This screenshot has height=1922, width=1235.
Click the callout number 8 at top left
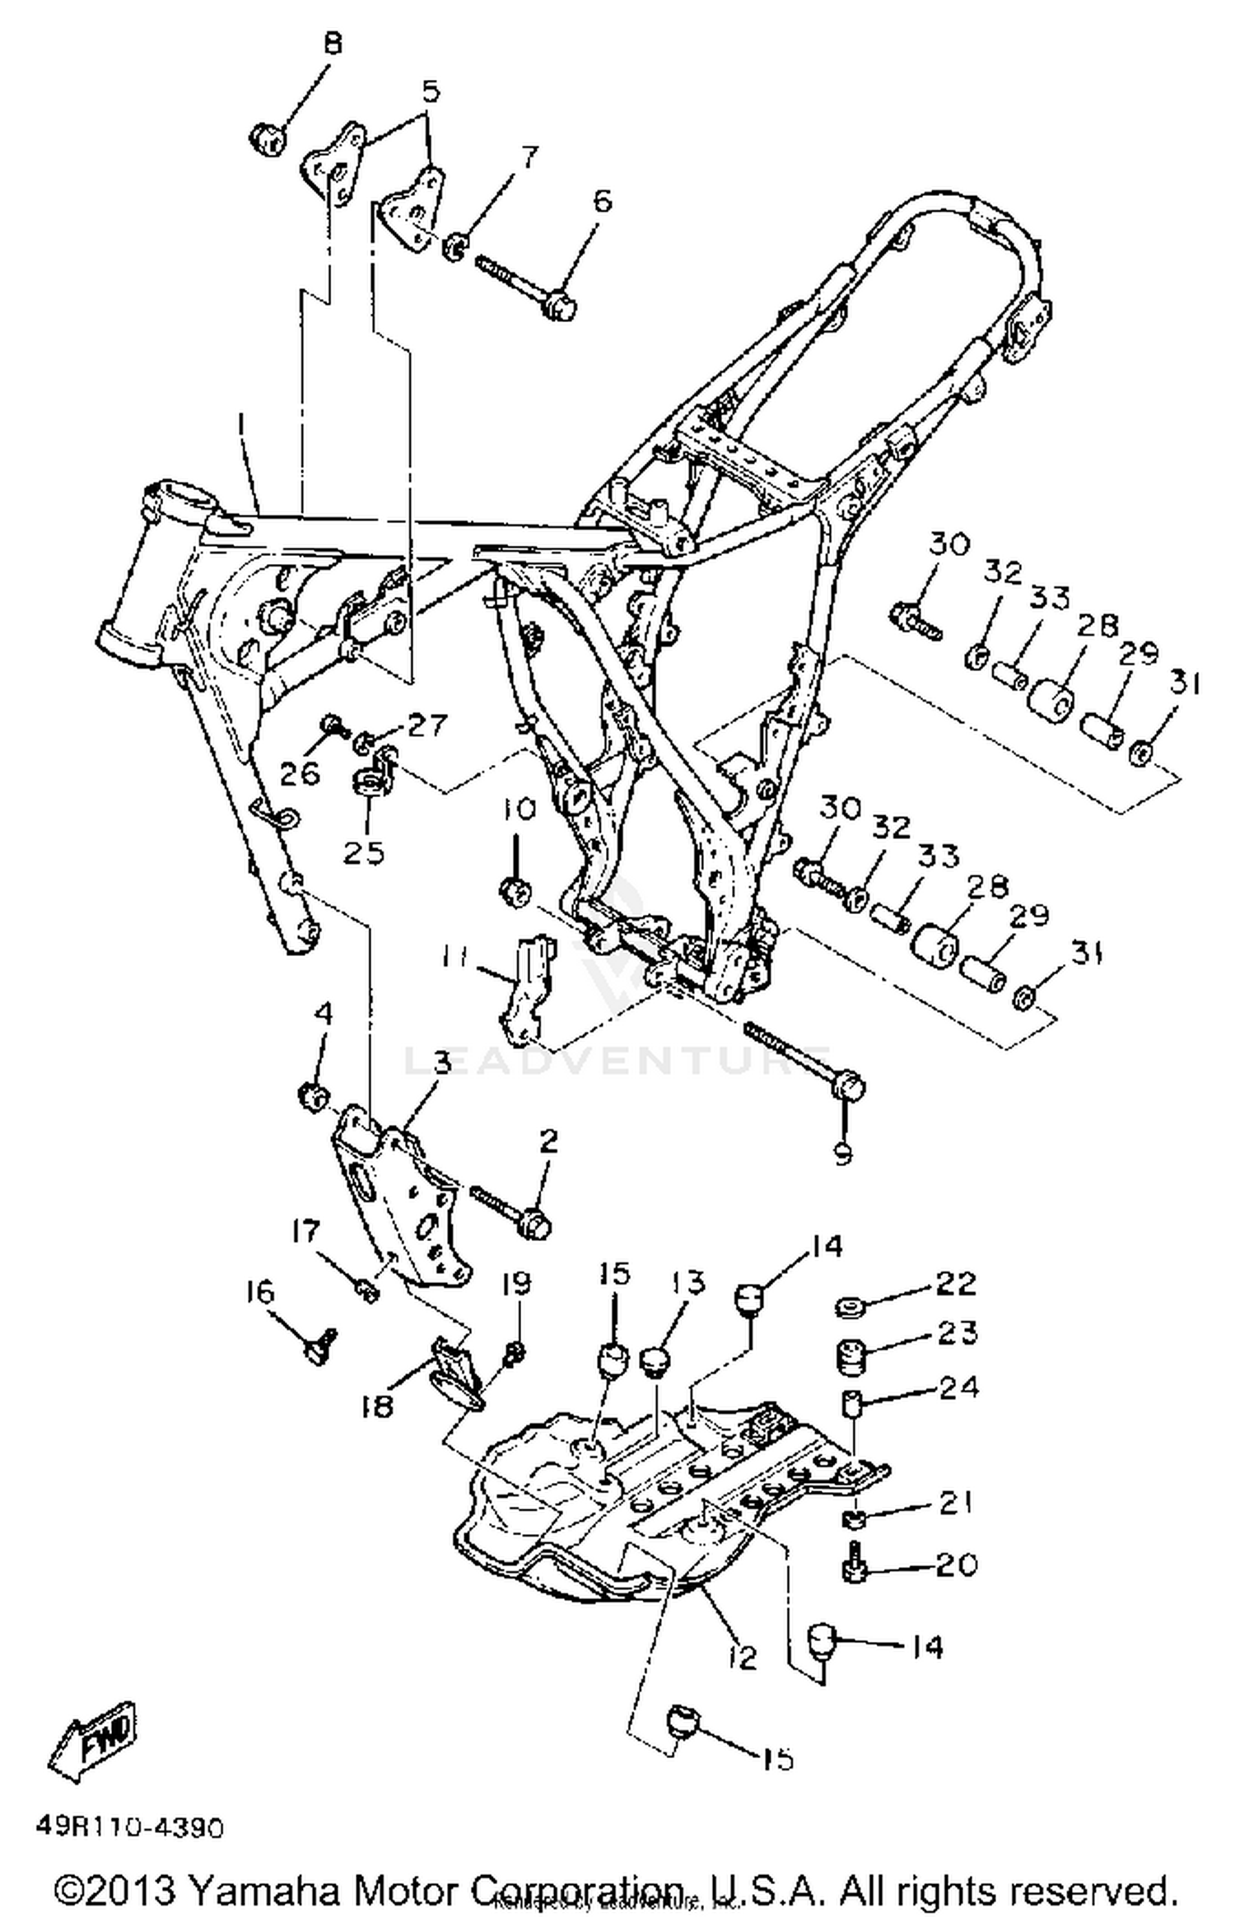[x=332, y=43]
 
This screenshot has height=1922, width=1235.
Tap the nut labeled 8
[x=266, y=138]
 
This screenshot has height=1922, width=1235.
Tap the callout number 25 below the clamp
[x=363, y=852]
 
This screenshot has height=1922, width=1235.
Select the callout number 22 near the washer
[x=956, y=1282]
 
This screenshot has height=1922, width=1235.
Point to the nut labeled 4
[x=313, y=1097]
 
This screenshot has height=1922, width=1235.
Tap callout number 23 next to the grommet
[x=958, y=1332]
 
